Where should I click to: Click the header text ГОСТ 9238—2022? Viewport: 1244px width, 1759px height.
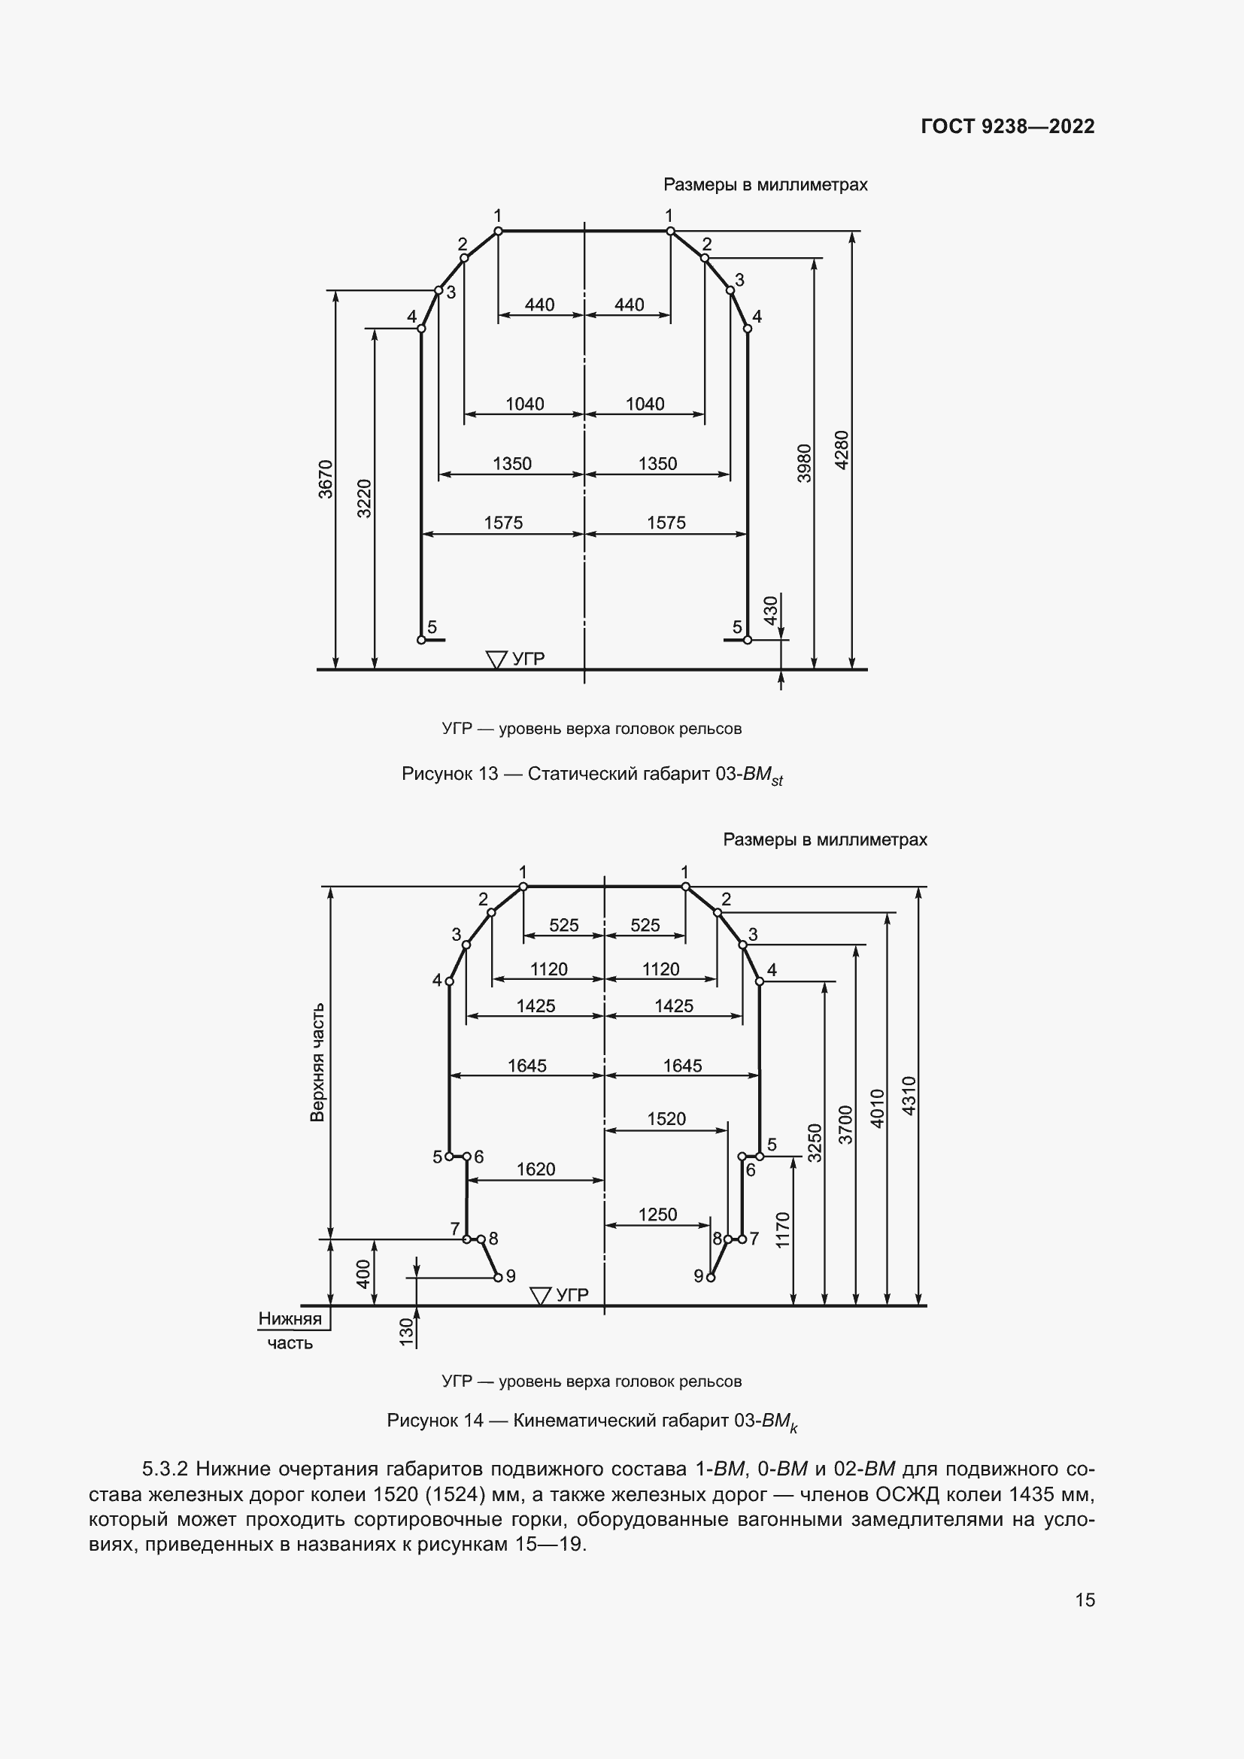click(1007, 126)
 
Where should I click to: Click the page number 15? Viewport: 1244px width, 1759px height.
click(1085, 1600)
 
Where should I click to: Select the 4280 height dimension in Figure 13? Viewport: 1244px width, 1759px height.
click(842, 450)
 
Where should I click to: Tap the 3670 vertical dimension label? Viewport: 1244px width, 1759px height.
click(326, 479)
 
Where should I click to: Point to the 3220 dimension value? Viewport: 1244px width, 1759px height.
click(365, 498)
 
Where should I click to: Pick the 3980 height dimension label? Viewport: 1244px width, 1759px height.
click(803, 462)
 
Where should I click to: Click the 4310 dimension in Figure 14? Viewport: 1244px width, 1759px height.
click(909, 1095)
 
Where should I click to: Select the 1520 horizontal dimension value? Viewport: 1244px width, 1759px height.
click(666, 1118)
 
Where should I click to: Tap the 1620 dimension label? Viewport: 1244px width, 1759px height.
click(536, 1169)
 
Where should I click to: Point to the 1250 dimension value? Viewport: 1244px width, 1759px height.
click(657, 1215)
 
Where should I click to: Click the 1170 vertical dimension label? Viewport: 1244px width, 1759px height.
click(782, 1230)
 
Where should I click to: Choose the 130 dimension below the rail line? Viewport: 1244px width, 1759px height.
click(407, 1332)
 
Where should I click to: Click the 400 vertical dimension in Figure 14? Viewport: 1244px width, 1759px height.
click(364, 1273)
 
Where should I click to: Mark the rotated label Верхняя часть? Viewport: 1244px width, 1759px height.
click(317, 1062)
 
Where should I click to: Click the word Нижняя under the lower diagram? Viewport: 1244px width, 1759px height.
click(290, 1318)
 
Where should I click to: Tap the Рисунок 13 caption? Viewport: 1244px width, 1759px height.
click(591, 775)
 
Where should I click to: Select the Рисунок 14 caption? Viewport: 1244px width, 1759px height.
click(591, 1421)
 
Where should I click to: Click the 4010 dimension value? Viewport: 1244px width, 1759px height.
click(878, 1108)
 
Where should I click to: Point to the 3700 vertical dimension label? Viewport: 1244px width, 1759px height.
click(845, 1124)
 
